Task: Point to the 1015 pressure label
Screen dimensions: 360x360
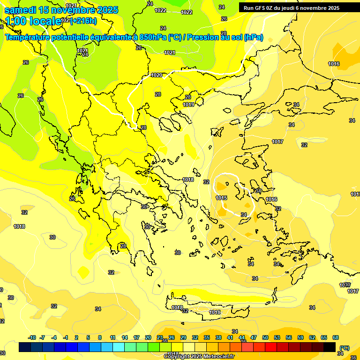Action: click(x=221, y=198)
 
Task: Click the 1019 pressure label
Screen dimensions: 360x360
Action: click(x=188, y=105)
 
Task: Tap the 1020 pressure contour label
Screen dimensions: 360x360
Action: click(x=157, y=75)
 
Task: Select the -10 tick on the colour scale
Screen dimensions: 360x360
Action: click(x=32, y=337)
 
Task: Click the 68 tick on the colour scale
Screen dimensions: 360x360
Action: click(x=336, y=337)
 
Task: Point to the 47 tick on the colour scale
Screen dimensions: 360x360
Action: click(x=254, y=337)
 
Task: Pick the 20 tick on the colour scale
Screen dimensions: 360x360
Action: click(x=148, y=337)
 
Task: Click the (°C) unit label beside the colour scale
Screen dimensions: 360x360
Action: click(x=344, y=347)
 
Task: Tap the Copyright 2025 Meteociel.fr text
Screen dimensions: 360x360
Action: click(x=199, y=356)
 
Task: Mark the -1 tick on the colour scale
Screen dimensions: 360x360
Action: click(x=66, y=337)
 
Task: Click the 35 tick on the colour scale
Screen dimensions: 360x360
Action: click(x=207, y=337)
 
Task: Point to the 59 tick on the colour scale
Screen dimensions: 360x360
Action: click(x=300, y=337)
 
